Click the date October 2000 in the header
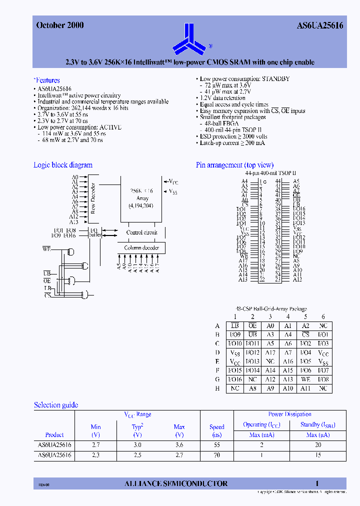tap(60, 25)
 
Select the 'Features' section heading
tap(47, 80)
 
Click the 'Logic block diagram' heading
tap(63, 165)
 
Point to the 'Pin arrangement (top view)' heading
tap(234, 165)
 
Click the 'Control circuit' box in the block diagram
tap(141, 232)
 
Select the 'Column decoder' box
tap(141, 248)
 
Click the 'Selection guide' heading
tap(56, 405)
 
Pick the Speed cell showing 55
tap(216, 444)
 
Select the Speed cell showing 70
tap(216, 455)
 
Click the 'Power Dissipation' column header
tap(289, 414)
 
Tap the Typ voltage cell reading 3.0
tap(137, 444)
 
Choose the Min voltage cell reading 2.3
tap(95, 455)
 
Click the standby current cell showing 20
tap(318, 444)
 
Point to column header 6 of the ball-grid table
tap(323, 316)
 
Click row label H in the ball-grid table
tap(217, 388)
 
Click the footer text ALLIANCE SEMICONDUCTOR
tap(175, 483)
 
